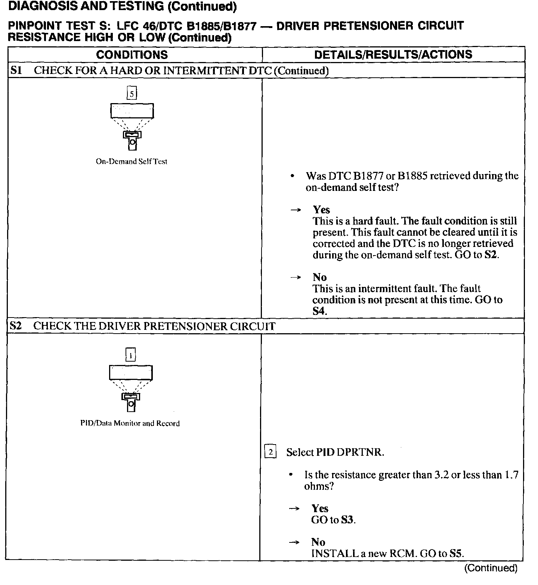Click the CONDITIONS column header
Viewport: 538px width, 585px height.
tap(132, 55)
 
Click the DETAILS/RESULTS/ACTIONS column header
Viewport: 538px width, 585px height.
tap(393, 55)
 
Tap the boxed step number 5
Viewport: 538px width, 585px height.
tap(132, 93)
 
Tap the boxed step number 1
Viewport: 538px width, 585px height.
tap(130, 355)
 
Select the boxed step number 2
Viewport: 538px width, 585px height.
tap(270, 452)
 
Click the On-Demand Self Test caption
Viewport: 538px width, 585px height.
tap(132, 162)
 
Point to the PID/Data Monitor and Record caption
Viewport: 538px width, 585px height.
tap(130, 423)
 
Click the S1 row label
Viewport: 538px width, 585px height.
tap(16, 71)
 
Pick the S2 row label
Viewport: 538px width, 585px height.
tap(16, 326)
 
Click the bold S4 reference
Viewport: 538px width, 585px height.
tap(319, 311)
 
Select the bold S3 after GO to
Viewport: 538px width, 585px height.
tap(347, 520)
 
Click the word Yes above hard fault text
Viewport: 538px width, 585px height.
tap(321, 210)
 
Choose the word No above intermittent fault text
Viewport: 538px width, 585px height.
tap(319, 277)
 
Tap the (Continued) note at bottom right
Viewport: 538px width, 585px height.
tap(491, 568)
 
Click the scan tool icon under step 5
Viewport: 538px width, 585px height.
tap(132, 127)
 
